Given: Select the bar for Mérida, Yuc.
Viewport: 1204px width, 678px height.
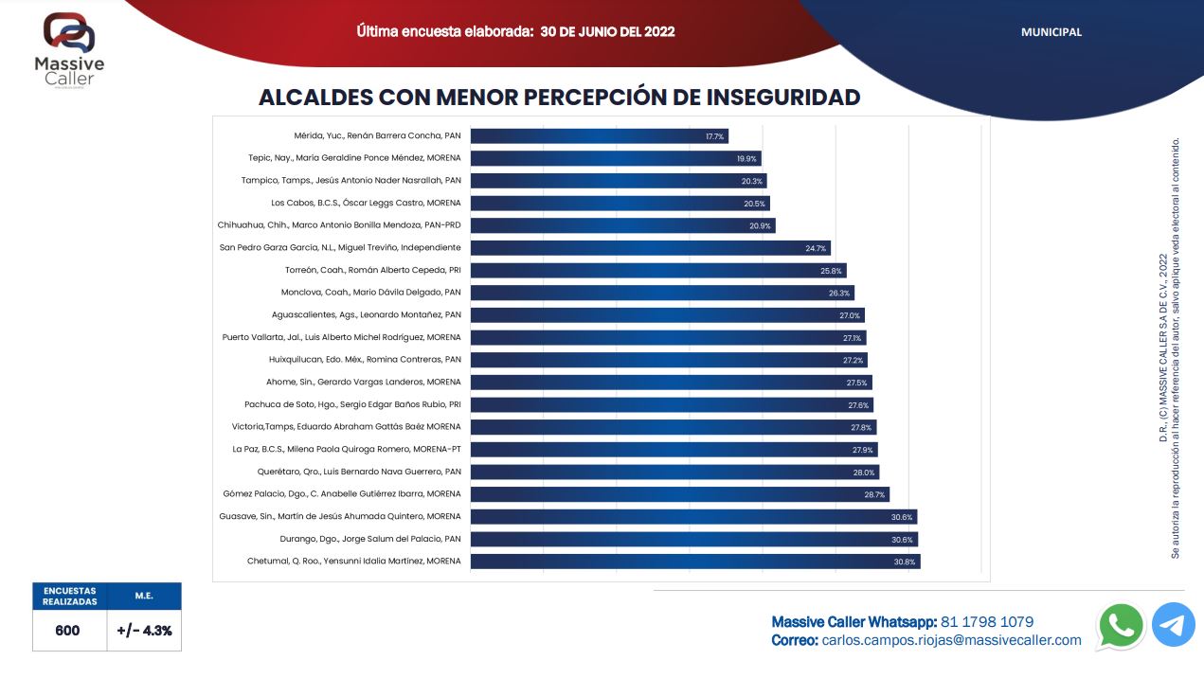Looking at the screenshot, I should click(599, 136).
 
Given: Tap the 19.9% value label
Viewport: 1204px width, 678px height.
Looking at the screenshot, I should click(746, 159).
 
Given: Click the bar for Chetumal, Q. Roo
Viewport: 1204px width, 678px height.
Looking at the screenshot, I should click(694, 562).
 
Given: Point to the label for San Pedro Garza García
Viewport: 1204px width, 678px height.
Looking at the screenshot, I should click(340, 248).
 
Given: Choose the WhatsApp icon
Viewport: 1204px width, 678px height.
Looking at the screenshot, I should click(1121, 626).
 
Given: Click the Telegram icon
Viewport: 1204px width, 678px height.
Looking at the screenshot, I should click(1173, 626).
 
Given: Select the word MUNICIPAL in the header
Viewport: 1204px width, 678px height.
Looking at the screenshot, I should click(1051, 32).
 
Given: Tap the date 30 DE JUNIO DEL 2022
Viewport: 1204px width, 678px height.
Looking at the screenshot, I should click(607, 31).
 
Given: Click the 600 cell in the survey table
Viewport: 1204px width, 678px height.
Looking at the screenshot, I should click(68, 631).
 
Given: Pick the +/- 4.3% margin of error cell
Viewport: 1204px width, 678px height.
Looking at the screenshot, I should click(144, 631).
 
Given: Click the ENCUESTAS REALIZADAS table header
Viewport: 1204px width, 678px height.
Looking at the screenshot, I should click(69, 596).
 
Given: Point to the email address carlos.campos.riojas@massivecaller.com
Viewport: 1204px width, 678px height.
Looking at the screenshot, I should click(951, 641).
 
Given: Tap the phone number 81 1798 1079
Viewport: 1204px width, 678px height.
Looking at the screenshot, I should click(986, 622).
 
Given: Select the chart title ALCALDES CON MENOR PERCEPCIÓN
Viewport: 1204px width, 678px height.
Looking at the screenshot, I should click(559, 98).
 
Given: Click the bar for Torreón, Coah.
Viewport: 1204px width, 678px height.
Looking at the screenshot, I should click(657, 271).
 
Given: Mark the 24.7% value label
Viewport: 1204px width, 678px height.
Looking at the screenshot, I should click(817, 248).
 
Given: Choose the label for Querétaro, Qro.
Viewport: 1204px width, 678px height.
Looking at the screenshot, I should click(359, 472).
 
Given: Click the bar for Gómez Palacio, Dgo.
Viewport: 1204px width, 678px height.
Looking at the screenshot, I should click(679, 494).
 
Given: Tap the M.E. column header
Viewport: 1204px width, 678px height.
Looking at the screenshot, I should click(144, 596).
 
